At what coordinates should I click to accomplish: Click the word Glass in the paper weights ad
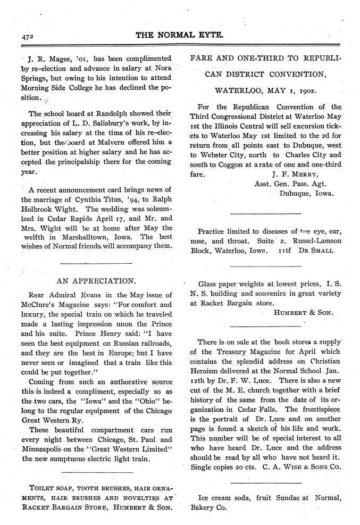[x=208, y=284]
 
